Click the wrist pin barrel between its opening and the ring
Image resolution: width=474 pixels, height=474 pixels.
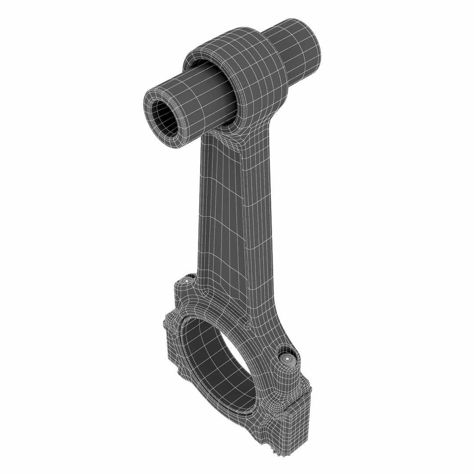click(x=197, y=101)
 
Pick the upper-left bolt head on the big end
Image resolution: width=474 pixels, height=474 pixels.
click(x=188, y=280)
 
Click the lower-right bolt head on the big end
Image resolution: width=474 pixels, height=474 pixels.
click(x=287, y=358)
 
